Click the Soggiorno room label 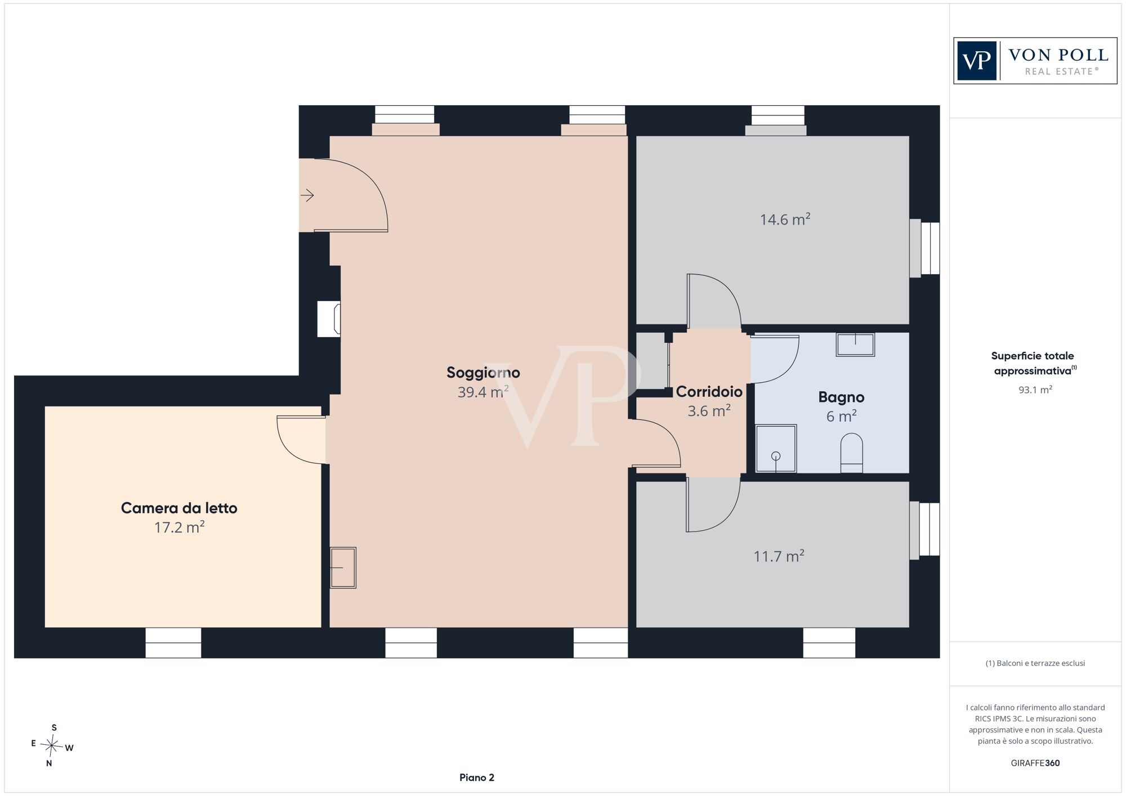pyautogui.click(x=483, y=373)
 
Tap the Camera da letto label pyautogui.click(x=179, y=508)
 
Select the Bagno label pyautogui.click(x=841, y=397)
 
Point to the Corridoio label pyautogui.click(x=709, y=391)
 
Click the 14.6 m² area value pyautogui.click(x=785, y=219)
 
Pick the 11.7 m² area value pyautogui.click(x=779, y=556)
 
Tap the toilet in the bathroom pyautogui.click(x=851, y=453)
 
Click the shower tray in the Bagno pyautogui.click(x=776, y=448)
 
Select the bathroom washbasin pyautogui.click(x=855, y=345)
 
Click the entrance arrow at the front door pyautogui.click(x=307, y=195)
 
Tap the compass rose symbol pyautogui.click(x=52, y=746)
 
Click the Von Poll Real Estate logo pyautogui.click(x=1035, y=61)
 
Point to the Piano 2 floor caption pyautogui.click(x=477, y=777)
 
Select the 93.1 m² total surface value pyautogui.click(x=1035, y=390)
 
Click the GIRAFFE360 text pyautogui.click(x=1035, y=763)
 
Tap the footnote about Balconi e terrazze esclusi pyautogui.click(x=1035, y=663)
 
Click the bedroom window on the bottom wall pyautogui.click(x=173, y=642)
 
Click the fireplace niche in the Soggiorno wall pyautogui.click(x=329, y=319)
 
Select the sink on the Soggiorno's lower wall pyautogui.click(x=343, y=568)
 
